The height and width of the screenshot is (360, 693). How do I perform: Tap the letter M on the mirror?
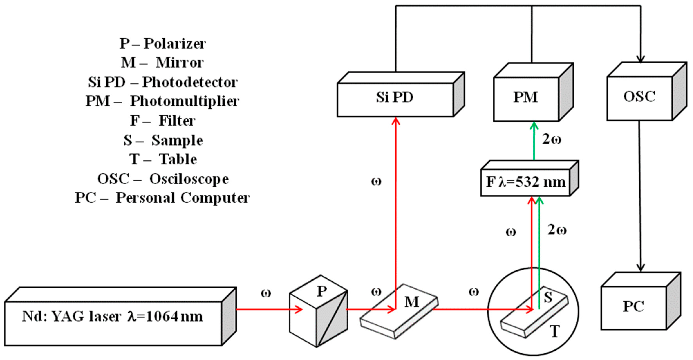412,302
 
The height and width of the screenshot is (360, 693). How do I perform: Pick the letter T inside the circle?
555,331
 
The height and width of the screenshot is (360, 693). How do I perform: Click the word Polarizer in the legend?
175,44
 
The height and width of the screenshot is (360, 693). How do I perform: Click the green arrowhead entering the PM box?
534,126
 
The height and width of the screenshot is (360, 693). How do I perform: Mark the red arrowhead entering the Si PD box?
396,121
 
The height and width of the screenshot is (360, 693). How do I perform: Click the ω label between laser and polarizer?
266,293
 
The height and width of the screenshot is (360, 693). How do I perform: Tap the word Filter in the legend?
177,121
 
